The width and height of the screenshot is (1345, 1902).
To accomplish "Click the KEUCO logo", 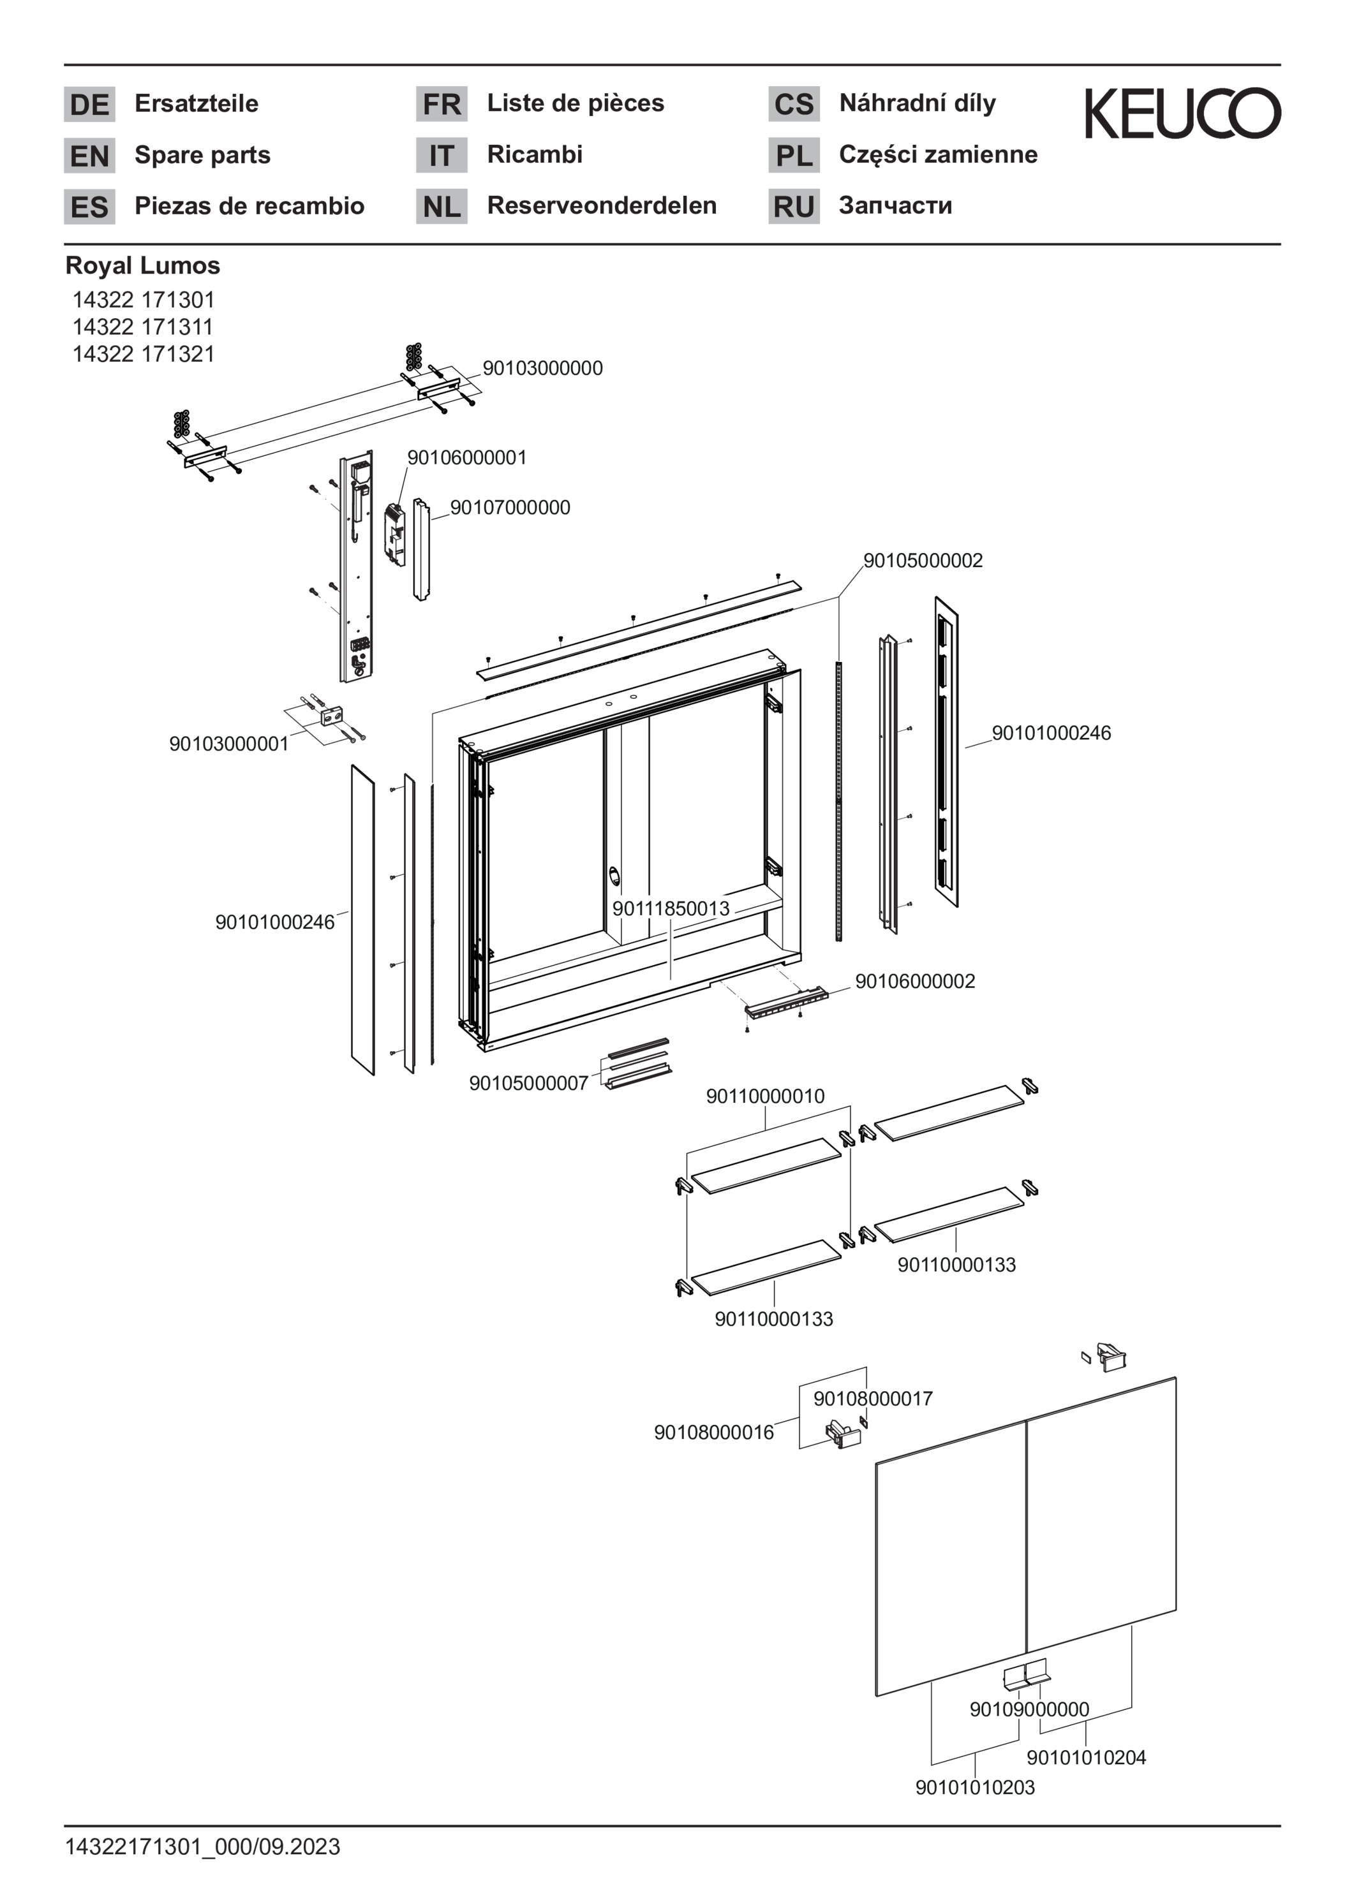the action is [x=1182, y=114].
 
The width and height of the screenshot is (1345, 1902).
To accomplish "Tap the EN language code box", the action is [x=89, y=156].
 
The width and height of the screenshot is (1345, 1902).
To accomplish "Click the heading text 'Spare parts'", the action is [x=202, y=155].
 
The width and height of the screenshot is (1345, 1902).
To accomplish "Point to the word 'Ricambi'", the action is [x=535, y=154].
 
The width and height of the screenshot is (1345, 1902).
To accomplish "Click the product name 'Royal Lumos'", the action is [x=142, y=265].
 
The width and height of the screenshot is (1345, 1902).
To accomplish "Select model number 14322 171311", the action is [x=142, y=327].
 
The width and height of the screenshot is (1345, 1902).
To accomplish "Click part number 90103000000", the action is [x=543, y=368].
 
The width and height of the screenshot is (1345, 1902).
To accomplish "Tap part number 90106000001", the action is [x=466, y=457].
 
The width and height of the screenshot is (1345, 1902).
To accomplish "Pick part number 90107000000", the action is [x=510, y=507].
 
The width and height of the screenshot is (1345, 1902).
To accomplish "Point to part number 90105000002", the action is [x=923, y=560].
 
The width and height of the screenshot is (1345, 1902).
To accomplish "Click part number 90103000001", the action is [x=228, y=743].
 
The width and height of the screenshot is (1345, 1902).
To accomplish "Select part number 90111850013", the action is [x=671, y=908].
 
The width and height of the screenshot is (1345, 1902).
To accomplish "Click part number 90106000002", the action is [x=915, y=981].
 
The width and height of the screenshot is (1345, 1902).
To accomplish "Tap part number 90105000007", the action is [x=529, y=1083].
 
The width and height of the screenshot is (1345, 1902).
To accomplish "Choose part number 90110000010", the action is [x=766, y=1096].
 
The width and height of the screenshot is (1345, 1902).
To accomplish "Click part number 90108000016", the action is [x=713, y=1433].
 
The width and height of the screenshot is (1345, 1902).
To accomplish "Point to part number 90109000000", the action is [x=1029, y=1709].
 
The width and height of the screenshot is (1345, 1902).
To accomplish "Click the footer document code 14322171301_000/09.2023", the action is [x=203, y=1847].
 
